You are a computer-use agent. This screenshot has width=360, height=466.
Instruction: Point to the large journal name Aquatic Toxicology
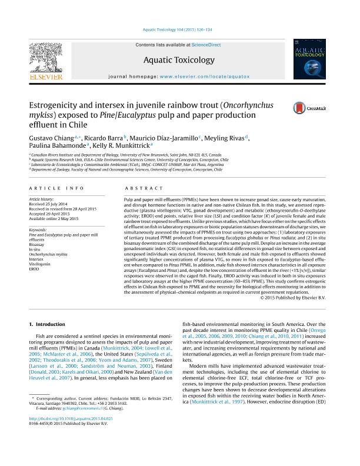coord(179,59)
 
